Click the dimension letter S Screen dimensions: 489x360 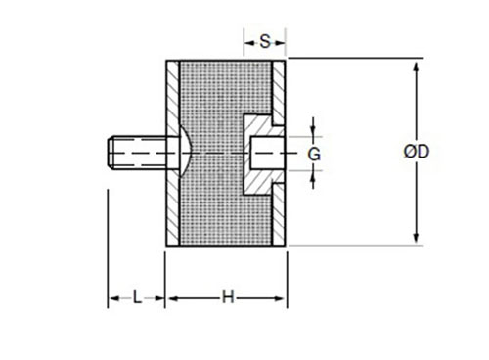pyautogui.click(x=265, y=42)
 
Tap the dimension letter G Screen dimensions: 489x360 pyautogui.click(x=314, y=154)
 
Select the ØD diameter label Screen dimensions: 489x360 pyautogui.click(x=417, y=152)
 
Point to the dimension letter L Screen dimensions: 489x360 pyautogui.click(x=137, y=297)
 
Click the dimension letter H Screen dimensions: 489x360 pyautogui.click(x=228, y=297)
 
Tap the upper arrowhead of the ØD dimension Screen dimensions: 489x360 pyautogui.click(x=416, y=67)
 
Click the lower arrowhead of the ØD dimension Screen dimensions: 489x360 pyautogui.click(x=416, y=238)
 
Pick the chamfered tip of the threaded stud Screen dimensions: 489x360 pyautogui.click(x=111, y=153)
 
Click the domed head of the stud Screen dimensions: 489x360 pyautogui.click(x=186, y=153)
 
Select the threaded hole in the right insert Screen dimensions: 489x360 pyautogui.click(x=267, y=153)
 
